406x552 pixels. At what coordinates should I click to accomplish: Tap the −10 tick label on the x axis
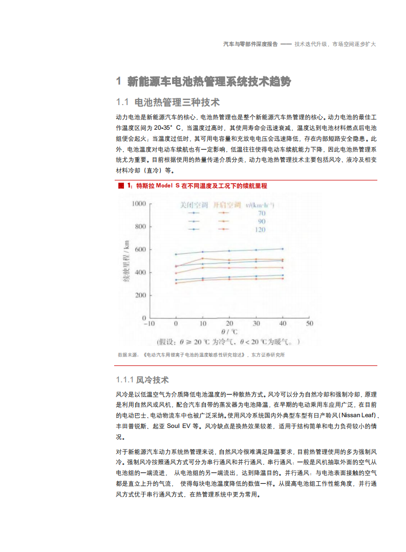(x=148, y=324)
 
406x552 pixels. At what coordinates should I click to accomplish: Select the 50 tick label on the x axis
(x=309, y=324)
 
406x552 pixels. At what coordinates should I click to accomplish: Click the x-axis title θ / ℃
(x=229, y=332)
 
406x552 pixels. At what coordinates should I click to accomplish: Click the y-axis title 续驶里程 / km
(x=126, y=261)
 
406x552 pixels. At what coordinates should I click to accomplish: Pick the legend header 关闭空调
(x=194, y=205)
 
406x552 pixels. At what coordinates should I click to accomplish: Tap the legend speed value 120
(x=261, y=230)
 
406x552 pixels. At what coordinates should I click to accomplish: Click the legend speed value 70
(x=261, y=213)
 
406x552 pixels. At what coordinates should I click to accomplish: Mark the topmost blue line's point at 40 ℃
(x=283, y=249)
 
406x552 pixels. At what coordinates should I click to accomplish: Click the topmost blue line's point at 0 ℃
(x=176, y=254)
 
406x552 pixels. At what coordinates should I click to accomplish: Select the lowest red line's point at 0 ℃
(x=176, y=283)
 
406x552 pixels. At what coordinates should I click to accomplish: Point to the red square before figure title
(x=121, y=186)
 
